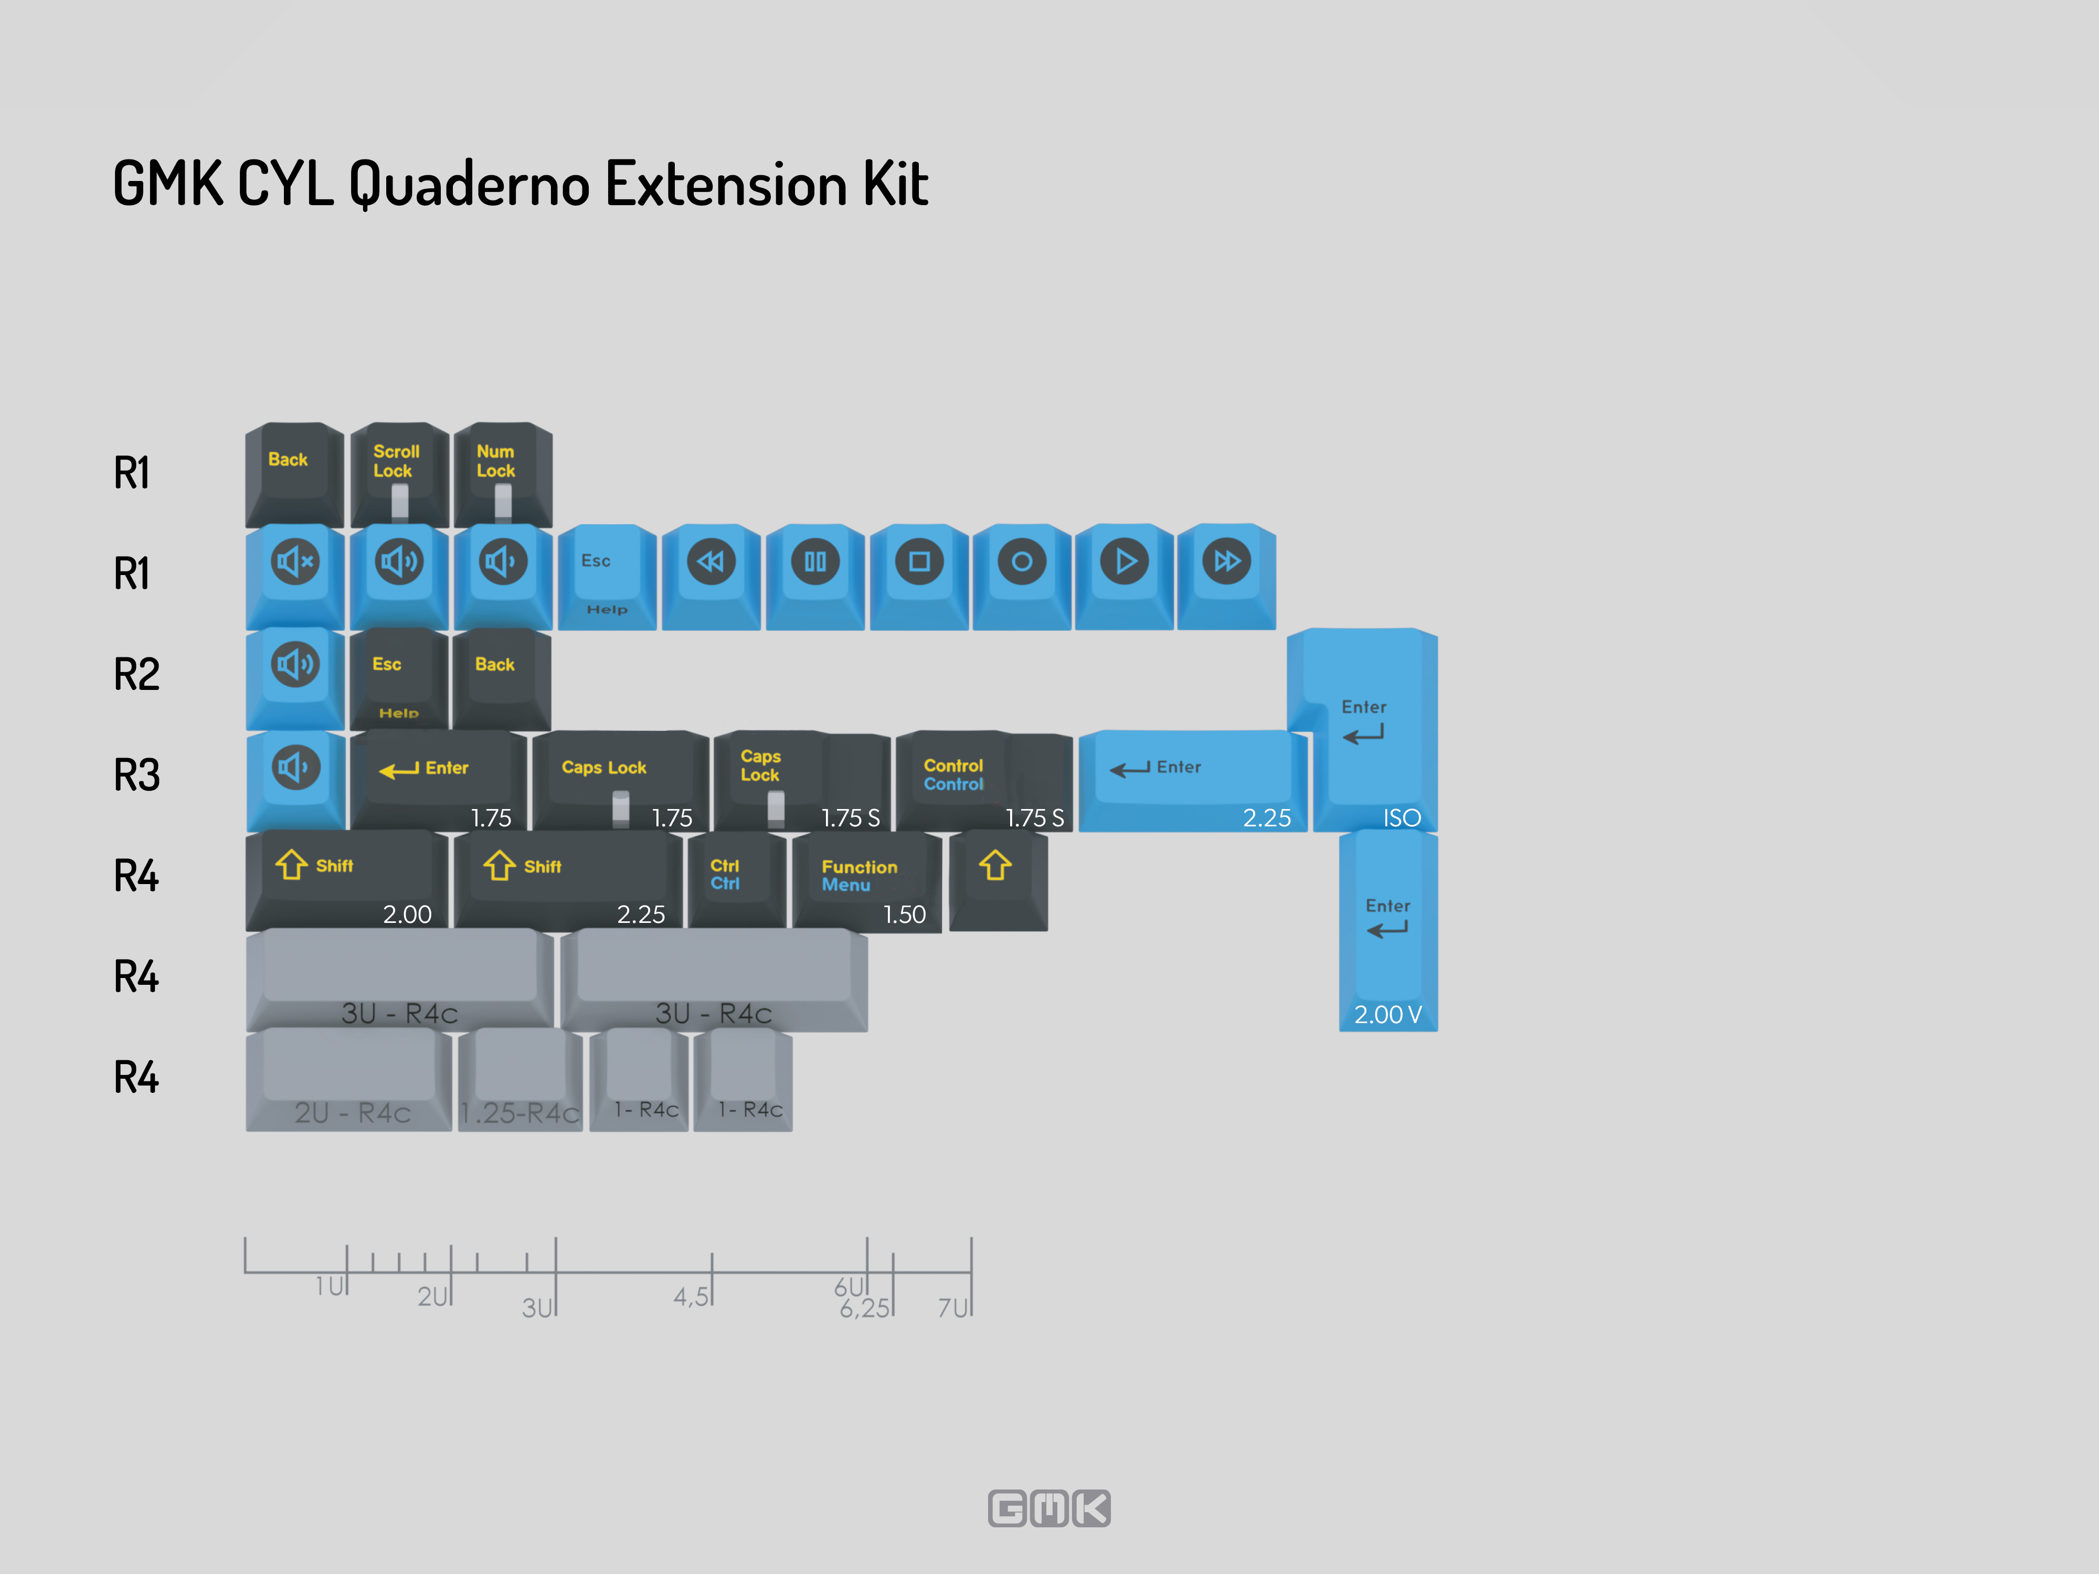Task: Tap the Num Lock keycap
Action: (503, 474)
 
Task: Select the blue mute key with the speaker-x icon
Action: (295, 577)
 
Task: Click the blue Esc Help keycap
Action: (607, 577)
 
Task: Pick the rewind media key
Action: (711, 577)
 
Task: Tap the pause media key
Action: (815, 577)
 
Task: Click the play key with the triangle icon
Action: (1125, 577)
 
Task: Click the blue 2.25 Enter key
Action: (1193, 781)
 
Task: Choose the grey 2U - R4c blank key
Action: (349, 1080)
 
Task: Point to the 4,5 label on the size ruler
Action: (690, 1296)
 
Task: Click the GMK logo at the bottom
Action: (1049, 1507)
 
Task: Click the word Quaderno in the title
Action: (470, 184)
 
